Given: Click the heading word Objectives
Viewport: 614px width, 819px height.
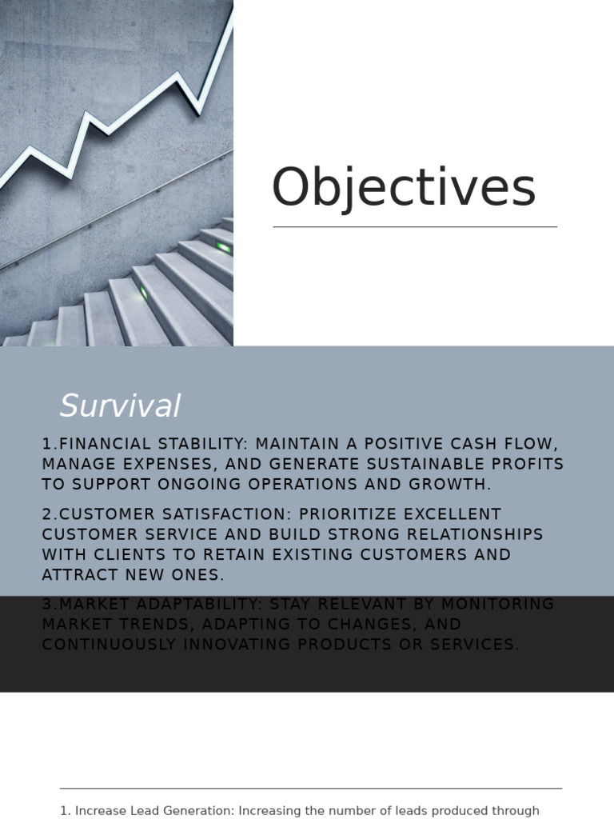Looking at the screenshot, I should point(404,190).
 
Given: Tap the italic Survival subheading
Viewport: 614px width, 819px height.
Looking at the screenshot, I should point(120,406).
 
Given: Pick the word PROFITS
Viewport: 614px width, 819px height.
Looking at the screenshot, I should point(527,464).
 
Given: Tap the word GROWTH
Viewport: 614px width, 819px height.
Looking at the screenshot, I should point(452,484).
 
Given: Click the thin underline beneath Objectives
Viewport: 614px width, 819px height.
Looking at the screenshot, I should point(415,227).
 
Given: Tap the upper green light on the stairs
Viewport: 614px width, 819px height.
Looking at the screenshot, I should point(224,248).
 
